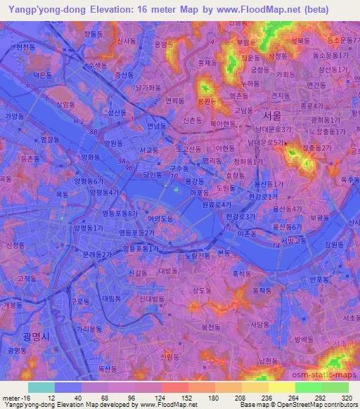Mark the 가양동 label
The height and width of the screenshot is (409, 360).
point(14,116)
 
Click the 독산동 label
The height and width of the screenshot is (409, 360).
point(107,368)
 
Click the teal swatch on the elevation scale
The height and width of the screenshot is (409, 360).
point(41,387)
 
